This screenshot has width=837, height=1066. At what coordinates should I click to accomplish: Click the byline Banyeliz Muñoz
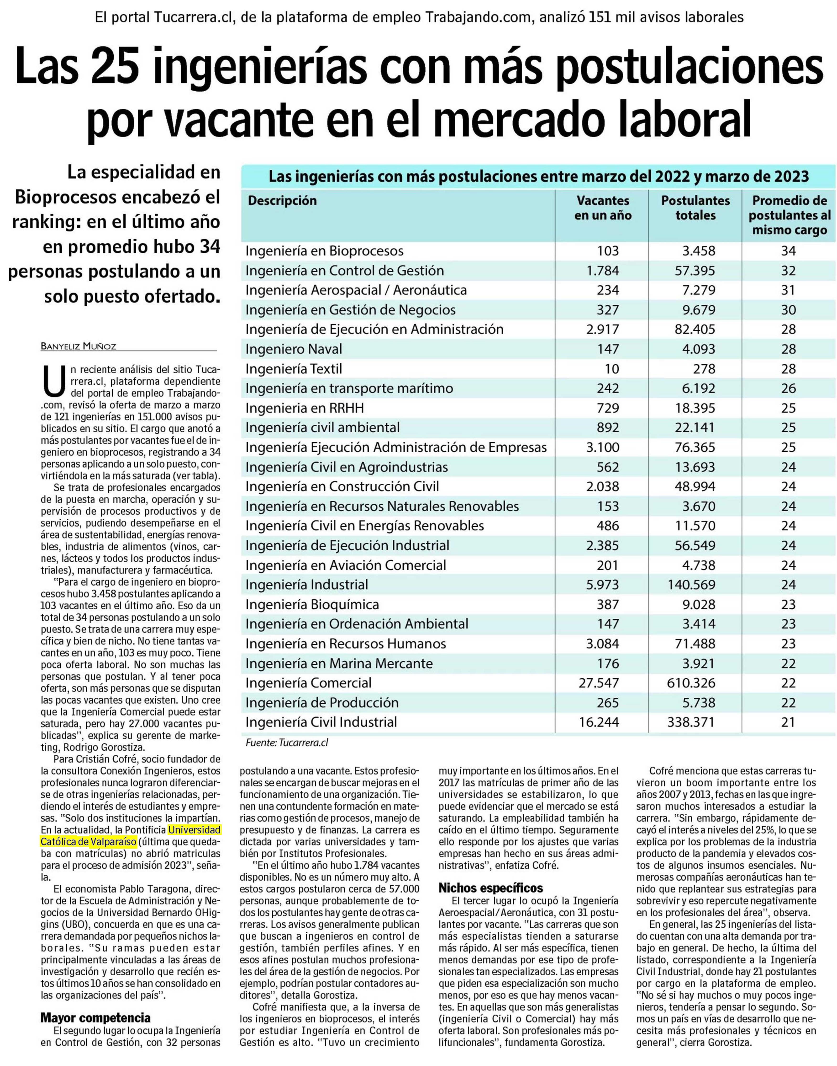click(79, 347)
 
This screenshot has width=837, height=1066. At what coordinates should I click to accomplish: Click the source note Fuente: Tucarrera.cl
click(287, 743)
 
